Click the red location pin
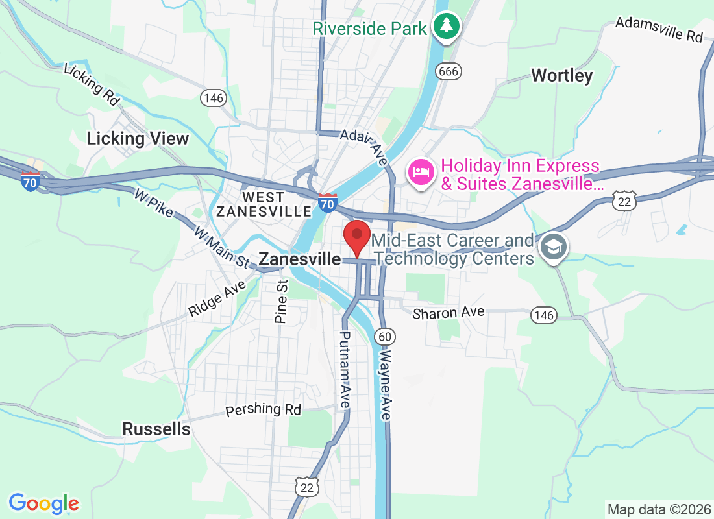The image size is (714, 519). coord(356,235)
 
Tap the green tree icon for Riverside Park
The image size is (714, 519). coord(447,27)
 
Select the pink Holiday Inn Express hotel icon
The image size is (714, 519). coord(420,173)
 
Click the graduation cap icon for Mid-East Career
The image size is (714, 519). coord(554,247)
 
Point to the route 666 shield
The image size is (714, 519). coord(449,71)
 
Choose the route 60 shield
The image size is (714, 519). coord(386,335)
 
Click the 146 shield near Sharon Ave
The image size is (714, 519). coord(543,315)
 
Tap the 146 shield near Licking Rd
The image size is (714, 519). coord(213,98)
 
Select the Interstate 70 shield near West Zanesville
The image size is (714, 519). coord(328,204)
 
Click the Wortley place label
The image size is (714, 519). coord(561,76)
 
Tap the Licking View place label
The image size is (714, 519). coord(138,138)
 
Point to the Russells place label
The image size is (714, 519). coord(156,429)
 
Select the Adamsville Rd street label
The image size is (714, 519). coord(659,29)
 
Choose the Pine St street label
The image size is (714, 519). coord(281,302)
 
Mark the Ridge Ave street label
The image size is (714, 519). coord(216,298)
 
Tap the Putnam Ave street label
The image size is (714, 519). coord(343,370)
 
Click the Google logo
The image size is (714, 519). coord(44,503)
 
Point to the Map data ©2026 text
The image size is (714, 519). coord(658,508)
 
